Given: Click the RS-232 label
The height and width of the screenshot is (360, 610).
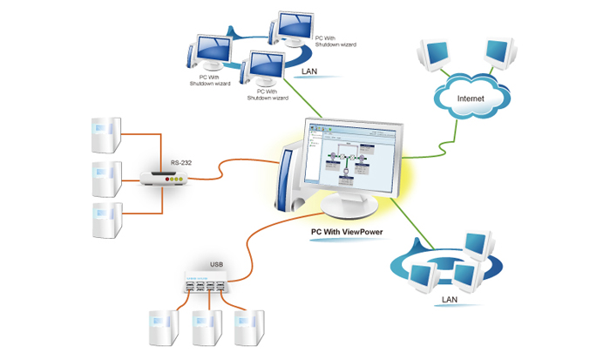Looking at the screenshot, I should tap(181, 162).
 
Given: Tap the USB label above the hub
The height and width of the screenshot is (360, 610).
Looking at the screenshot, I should tap(217, 264).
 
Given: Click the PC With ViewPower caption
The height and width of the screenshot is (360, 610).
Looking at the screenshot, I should tap(349, 233).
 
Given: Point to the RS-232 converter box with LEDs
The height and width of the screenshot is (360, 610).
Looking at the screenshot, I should tap(165, 179).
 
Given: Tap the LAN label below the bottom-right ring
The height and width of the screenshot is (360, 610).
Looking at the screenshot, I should tap(451, 299).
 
